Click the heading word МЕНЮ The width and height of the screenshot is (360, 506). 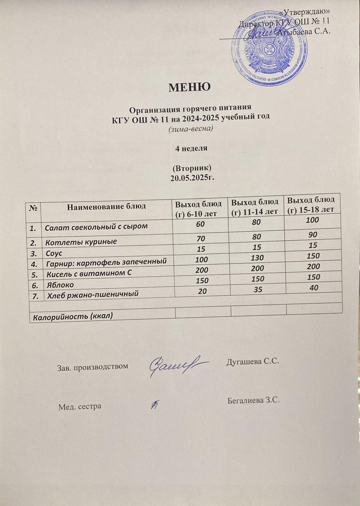pos(189,87)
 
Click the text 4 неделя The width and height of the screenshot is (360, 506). pos(191,148)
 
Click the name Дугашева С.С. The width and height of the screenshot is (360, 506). pos(253,361)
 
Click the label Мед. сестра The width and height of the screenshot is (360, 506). pos(80,406)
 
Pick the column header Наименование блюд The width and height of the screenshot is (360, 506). pos(106,207)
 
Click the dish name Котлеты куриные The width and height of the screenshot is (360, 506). pos(81,242)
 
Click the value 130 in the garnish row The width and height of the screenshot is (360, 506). pos(257,258)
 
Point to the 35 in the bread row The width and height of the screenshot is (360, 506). pos(258,289)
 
